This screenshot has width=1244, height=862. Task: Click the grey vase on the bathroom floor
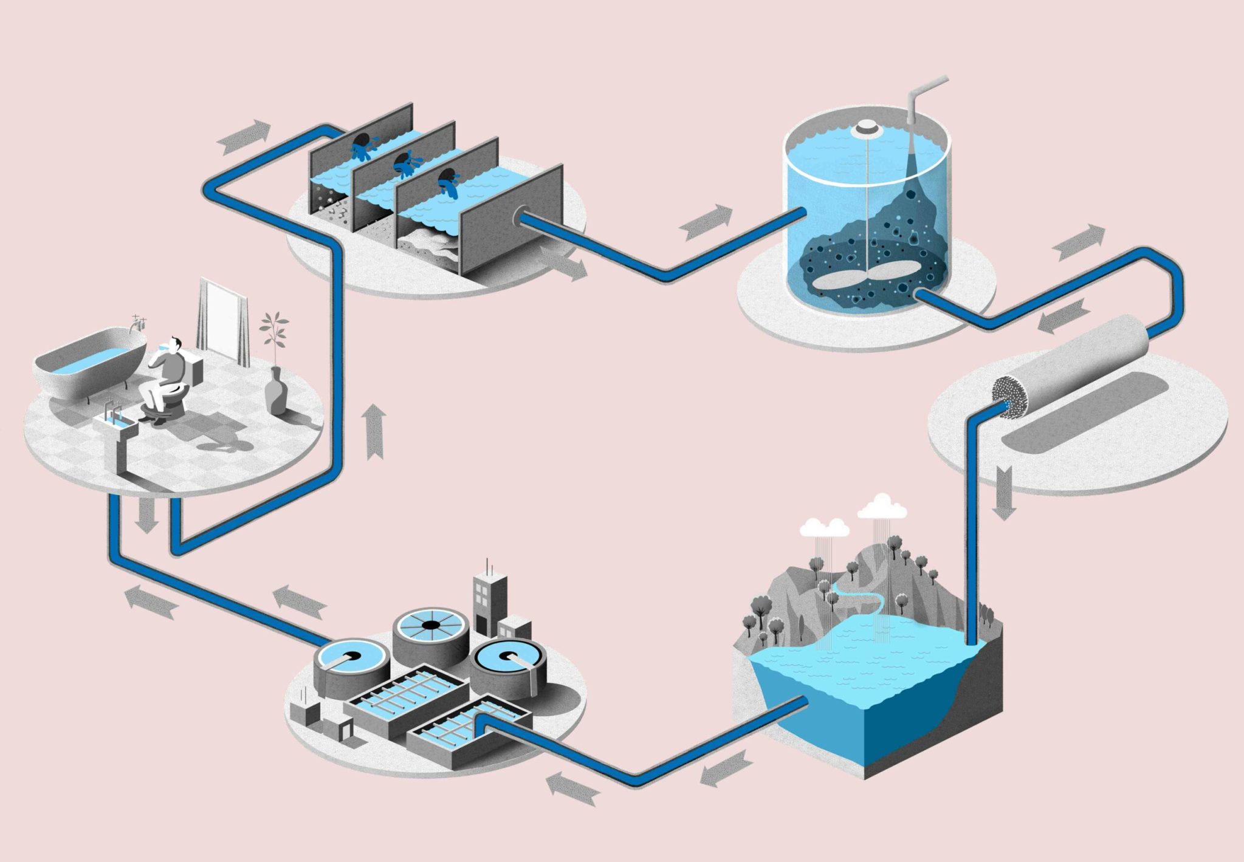point(276,392)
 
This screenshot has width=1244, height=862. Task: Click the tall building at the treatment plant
point(489,598)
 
